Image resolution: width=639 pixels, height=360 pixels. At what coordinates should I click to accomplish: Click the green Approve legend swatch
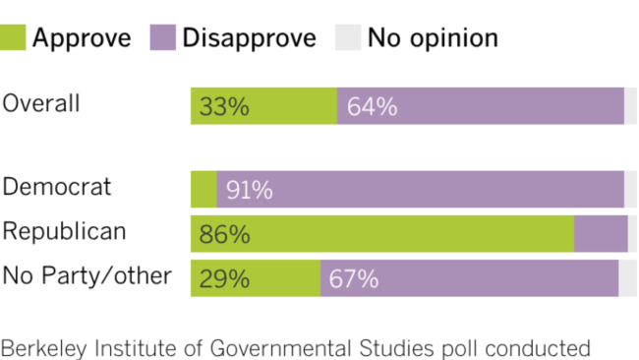14,38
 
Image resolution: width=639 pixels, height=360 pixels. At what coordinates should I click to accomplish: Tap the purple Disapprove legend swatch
162,38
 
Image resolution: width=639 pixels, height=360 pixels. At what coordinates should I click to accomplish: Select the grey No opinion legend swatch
348,38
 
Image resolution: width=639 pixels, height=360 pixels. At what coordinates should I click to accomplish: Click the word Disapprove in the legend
249,38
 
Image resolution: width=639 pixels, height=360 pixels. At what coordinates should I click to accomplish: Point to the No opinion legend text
433,38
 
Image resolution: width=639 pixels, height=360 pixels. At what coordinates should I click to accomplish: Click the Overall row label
41,103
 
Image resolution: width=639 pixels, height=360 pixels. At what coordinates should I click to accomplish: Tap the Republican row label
65,231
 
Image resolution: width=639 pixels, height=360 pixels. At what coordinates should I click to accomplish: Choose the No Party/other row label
87,276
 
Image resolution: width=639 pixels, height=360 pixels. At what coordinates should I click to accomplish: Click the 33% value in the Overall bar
224,106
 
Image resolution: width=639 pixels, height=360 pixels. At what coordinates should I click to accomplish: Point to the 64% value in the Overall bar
372,106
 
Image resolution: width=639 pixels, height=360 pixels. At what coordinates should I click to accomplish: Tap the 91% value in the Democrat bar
249,190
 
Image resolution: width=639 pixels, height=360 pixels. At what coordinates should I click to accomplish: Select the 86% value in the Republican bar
224,235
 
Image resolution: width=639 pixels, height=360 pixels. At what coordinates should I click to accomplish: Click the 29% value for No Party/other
224,279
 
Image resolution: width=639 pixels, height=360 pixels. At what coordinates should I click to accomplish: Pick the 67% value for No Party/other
354,279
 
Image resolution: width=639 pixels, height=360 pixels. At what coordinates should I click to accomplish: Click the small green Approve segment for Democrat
203,190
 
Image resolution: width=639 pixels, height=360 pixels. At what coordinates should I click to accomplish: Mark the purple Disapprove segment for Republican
600,235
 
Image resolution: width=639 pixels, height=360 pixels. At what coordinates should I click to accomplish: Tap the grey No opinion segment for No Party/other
627,279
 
